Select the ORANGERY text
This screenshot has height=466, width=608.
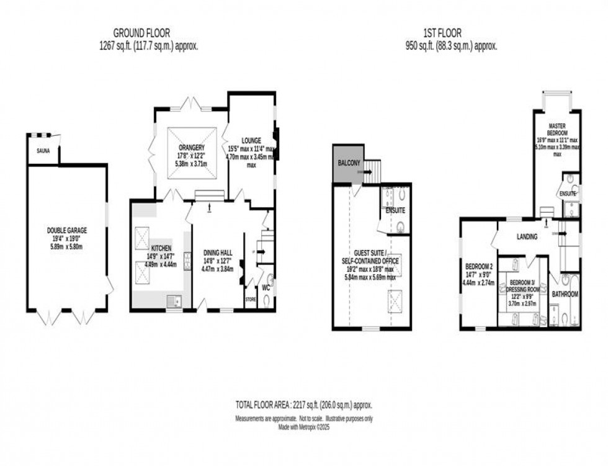[x=192, y=147]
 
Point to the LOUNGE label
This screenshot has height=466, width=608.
[x=251, y=140]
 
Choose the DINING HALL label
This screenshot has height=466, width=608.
[x=217, y=253]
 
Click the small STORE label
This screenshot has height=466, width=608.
[x=250, y=299]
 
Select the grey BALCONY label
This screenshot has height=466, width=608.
[x=349, y=162]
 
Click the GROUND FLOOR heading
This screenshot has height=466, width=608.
[x=141, y=33]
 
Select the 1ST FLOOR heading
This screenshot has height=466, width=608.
[x=444, y=33]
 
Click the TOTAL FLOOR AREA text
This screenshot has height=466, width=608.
[x=303, y=405]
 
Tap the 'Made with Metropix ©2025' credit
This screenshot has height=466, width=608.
[x=303, y=426]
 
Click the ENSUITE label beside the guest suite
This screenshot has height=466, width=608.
[x=395, y=211]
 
